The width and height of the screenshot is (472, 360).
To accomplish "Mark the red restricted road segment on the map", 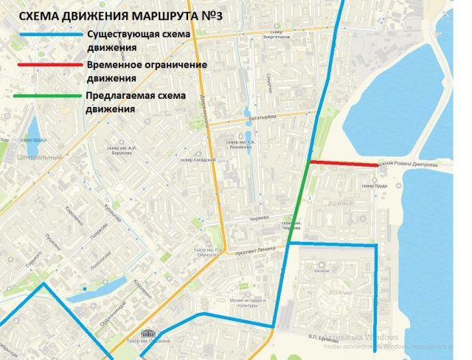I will click(x=344, y=163).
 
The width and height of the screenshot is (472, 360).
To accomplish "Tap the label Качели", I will click(x=320, y=270).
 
